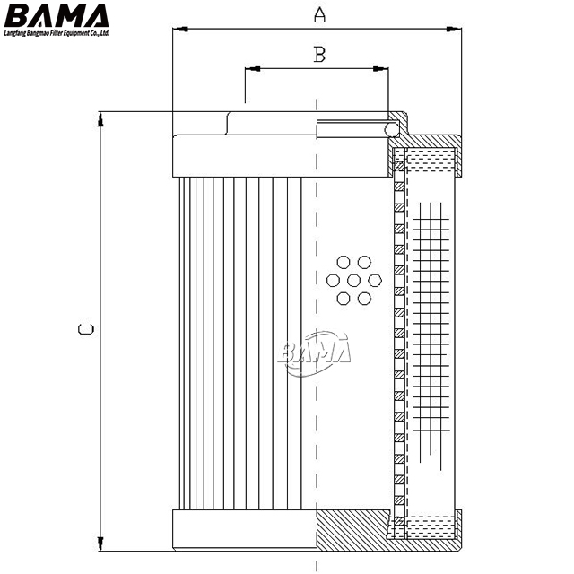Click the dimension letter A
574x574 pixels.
(x=319, y=14)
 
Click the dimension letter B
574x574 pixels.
(x=319, y=55)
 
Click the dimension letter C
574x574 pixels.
(x=86, y=329)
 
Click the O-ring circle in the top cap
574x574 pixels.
(x=392, y=129)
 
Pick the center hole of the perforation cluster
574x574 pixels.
(x=353, y=281)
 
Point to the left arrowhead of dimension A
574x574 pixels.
(x=180, y=29)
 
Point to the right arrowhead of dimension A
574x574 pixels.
(x=454, y=30)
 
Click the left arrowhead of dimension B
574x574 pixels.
(x=253, y=68)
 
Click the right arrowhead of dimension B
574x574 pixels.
(x=380, y=68)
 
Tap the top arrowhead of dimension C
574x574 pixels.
(x=100, y=119)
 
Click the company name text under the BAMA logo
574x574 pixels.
(x=57, y=33)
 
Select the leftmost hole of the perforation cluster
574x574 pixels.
(x=333, y=281)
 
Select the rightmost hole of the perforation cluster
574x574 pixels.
(x=375, y=281)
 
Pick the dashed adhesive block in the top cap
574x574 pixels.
(x=431, y=160)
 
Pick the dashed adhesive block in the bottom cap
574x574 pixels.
(x=431, y=527)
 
